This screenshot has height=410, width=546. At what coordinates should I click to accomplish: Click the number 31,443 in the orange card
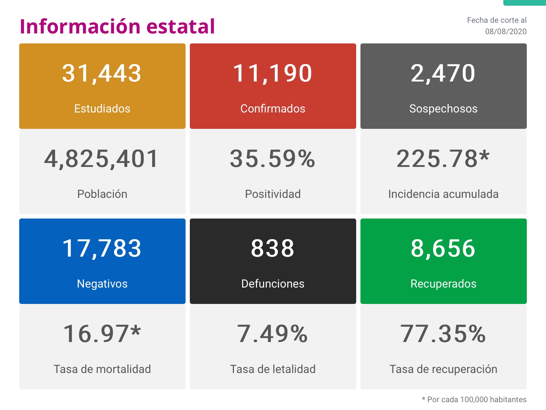click(x=102, y=74)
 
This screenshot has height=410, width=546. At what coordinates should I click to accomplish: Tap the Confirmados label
click(x=273, y=109)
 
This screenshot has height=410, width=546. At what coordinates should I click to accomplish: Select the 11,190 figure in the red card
click(x=273, y=74)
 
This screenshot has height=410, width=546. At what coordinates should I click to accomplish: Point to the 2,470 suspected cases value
click(x=443, y=74)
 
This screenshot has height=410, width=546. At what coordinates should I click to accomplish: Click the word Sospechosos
click(x=443, y=109)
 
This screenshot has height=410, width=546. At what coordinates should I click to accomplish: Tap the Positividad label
click(x=273, y=194)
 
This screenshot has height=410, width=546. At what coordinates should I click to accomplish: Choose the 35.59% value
click(x=273, y=159)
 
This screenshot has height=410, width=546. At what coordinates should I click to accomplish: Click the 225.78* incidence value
click(x=443, y=159)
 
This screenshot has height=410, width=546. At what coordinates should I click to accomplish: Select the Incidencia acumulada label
click(x=443, y=194)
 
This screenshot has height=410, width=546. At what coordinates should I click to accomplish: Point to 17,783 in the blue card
click(x=102, y=248)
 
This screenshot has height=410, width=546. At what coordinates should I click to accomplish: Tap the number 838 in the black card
click(x=273, y=248)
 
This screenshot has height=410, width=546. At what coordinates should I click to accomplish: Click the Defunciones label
click(x=273, y=284)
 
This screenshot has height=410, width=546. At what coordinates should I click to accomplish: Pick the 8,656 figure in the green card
click(x=443, y=248)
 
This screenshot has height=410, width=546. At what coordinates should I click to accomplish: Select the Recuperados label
click(x=443, y=284)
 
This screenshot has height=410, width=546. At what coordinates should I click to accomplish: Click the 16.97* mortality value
click(x=102, y=334)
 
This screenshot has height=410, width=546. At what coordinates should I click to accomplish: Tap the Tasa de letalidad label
click(x=273, y=369)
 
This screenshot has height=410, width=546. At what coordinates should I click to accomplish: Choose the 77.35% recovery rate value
click(x=443, y=334)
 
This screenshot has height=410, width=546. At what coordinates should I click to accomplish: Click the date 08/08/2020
click(x=505, y=31)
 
